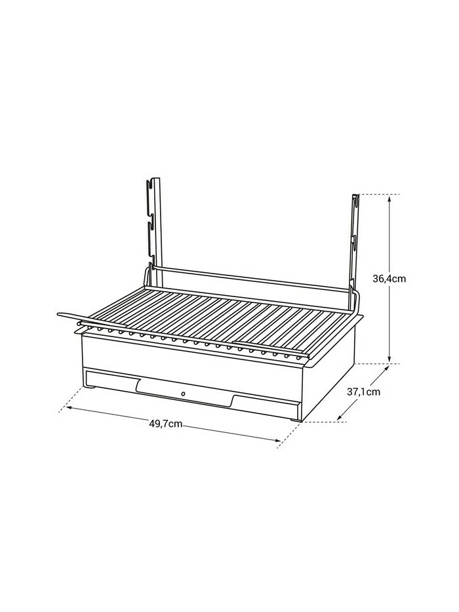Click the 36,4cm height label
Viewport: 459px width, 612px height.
click(390, 278)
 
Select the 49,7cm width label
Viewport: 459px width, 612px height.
click(166, 424)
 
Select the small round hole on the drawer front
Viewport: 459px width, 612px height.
click(183, 394)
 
